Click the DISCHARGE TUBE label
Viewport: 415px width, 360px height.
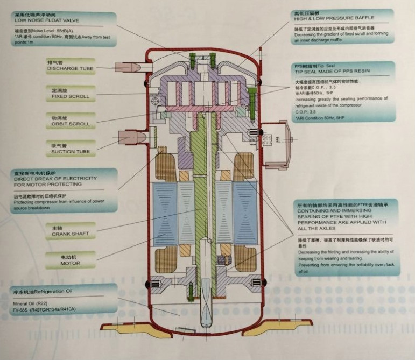[x=71, y=69]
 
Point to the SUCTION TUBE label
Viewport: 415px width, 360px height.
[x=70, y=152]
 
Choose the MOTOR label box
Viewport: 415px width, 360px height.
[x=70, y=263]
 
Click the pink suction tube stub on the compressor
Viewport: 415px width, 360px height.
[x=134, y=137]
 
